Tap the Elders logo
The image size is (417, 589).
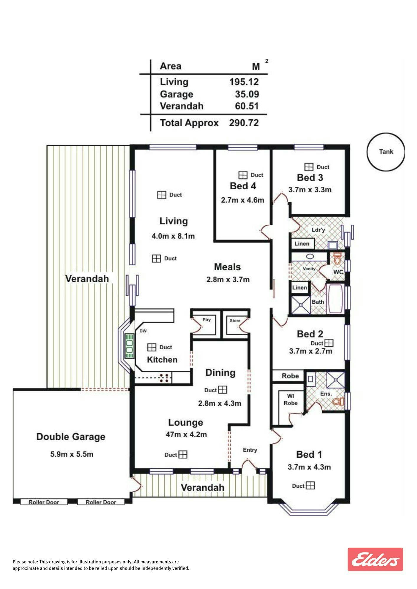tap(375, 559)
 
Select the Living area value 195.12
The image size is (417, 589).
tap(244, 82)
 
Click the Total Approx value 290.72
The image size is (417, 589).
tap(244, 123)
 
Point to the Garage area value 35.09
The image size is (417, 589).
tap(247, 94)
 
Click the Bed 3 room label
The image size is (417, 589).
tap(310, 178)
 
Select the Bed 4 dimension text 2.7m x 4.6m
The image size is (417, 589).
tap(242, 200)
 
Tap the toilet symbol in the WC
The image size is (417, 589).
tap(337, 258)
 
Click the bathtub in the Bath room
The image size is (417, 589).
tap(335, 299)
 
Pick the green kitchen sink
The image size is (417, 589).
tap(129, 346)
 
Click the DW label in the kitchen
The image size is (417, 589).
tap(143, 331)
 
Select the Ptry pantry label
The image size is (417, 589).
tap(207, 320)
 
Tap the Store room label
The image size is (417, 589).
tap(235, 320)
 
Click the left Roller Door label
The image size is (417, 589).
tap(44, 502)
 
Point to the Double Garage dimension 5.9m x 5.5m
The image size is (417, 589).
tap(72, 454)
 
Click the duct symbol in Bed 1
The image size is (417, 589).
tap(310, 485)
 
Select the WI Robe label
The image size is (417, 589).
tap(290, 400)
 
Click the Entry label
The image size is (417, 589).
tap(250, 450)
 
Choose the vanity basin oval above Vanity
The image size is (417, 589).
tap(310, 256)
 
